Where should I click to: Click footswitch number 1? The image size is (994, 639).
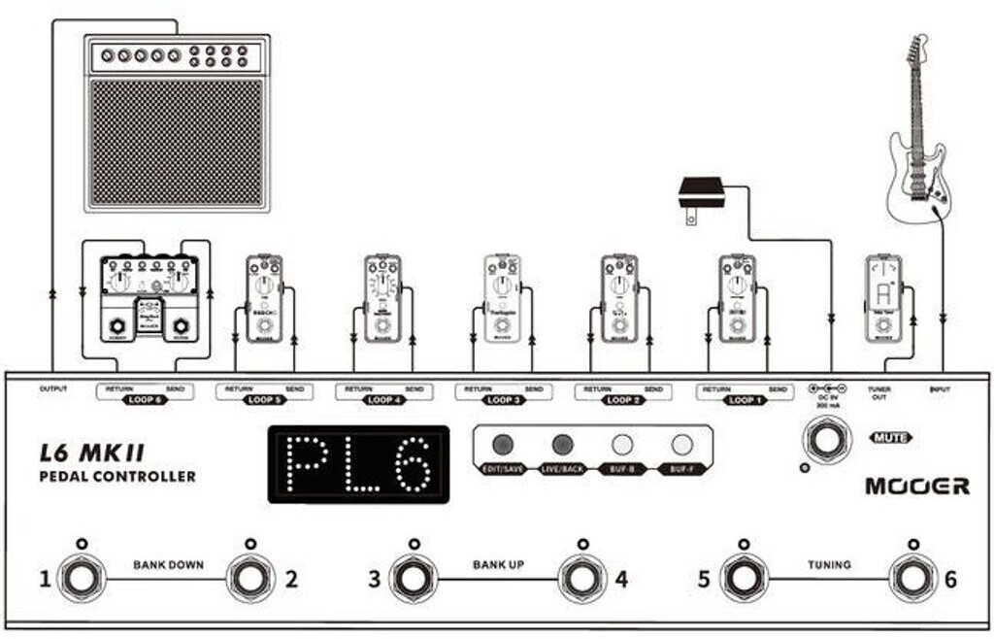pyautogui.click(x=81, y=580)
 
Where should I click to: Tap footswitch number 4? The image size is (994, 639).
pyautogui.click(x=581, y=580)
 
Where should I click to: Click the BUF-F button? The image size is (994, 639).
pyautogui.click(x=682, y=445)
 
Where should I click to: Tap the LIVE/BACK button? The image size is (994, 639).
pyautogui.click(x=562, y=445)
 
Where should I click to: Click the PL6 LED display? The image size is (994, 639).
pyautogui.click(x=358, y=464)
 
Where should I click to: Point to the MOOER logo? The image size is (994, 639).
pyautogui.click(x=917, y=486)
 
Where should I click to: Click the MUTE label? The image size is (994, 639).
pyautogui.click(x=890, y=437)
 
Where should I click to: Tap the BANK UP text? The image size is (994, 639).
pyautogui.click(x=499, y=564)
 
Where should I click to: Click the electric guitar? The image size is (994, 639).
pyautogui.click(x=918, y=136)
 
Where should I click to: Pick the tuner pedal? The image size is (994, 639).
pyautogui.click(x=884, y=298)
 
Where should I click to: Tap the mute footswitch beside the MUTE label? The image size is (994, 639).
pyautogui.click(x=826, y=440)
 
